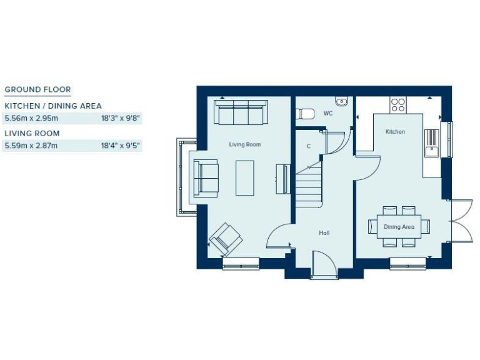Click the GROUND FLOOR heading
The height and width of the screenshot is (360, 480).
[37, 89]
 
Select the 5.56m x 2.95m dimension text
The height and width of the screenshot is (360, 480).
[31, 117]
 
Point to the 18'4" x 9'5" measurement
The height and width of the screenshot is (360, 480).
[121, 146]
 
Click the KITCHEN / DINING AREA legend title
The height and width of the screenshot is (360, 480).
[53, 106]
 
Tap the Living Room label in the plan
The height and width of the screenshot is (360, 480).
[244, 144]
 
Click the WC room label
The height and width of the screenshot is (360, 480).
[328, 114]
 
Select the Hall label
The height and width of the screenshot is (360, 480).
[324, 233]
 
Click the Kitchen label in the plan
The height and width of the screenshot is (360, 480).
[395, 132]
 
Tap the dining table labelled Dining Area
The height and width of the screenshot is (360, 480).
[399, 226]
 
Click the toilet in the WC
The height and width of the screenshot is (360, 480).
[306, 114]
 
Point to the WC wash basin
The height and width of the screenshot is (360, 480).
[341, 102]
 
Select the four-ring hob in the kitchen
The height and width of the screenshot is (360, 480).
[398, 104]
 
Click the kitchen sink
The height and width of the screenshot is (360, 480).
[431, 142]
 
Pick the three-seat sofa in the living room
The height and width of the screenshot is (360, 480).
[241, 112]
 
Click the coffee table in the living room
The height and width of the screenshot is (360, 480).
[245, 177]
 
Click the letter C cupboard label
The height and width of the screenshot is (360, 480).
[308, 146]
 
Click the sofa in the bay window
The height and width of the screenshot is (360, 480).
[205, 177]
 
